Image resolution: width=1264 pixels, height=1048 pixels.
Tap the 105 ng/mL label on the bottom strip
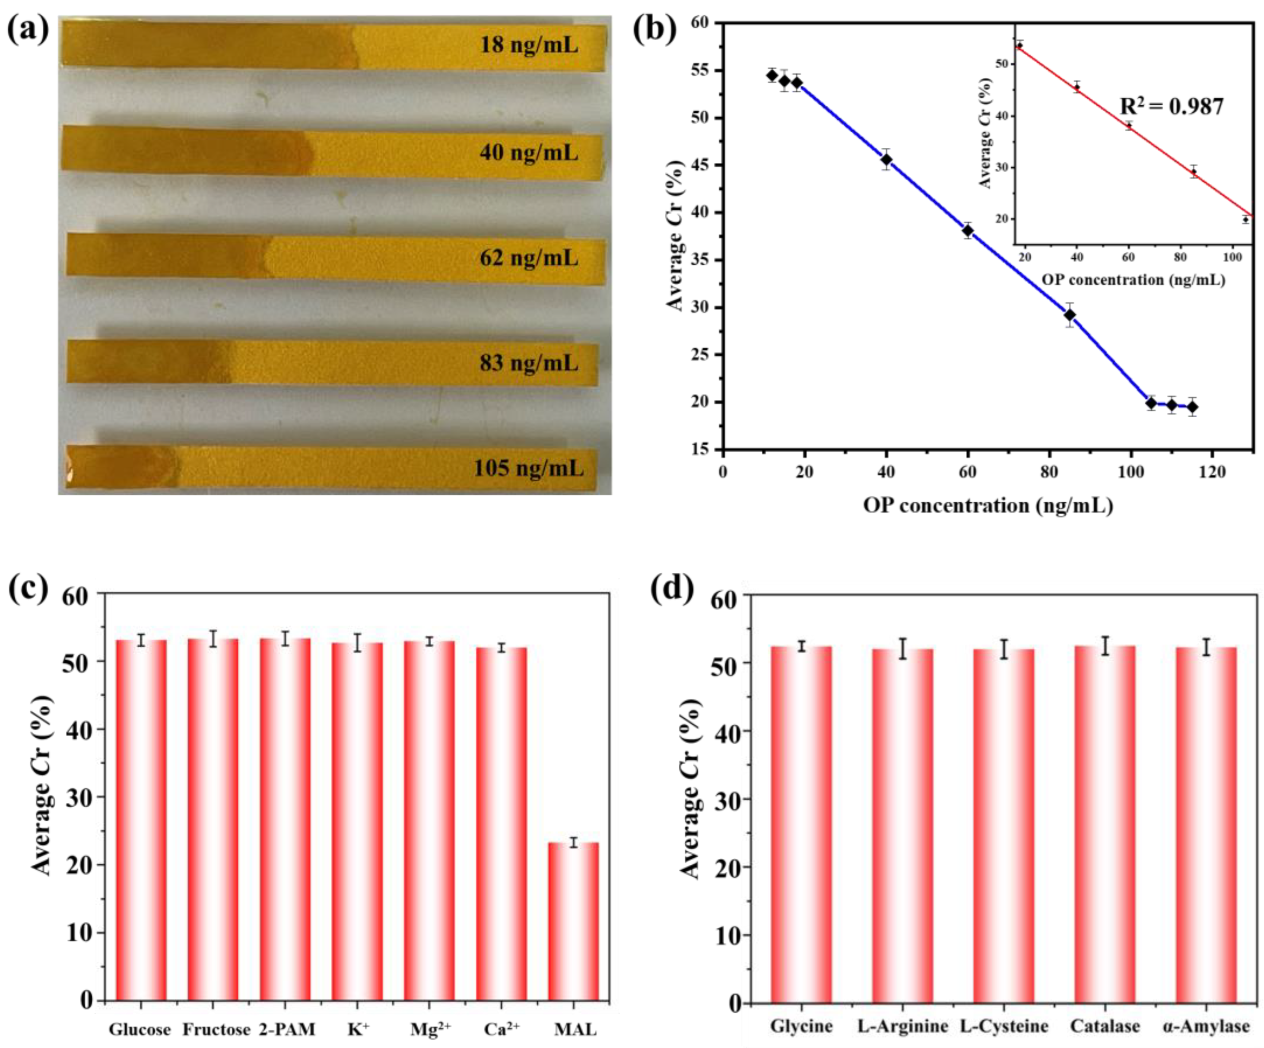tap(528, 468)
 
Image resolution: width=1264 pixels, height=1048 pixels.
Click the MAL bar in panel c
tap(574, 921)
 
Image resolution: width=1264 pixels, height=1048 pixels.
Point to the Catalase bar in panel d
tap(1105, 825)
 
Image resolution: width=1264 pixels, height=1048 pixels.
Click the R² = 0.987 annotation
tap(1171, 107)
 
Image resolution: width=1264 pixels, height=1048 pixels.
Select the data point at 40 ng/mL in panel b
tap(886, 159)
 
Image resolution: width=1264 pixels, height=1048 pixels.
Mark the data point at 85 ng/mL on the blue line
tap(1070, 315)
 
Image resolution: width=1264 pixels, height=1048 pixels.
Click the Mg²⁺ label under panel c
tap(430, 1029)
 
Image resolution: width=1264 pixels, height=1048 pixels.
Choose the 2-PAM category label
tap(286, 1029)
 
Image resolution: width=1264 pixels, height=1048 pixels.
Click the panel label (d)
tap(671, 589)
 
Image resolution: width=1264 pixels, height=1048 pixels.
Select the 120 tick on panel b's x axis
tap(1212, 472)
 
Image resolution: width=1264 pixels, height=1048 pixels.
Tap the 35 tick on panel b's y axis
tap(704, 260)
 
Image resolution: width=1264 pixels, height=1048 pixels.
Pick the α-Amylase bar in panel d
tap(1206, 826)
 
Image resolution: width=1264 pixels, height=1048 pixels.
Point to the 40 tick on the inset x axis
tap(1077, 257)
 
